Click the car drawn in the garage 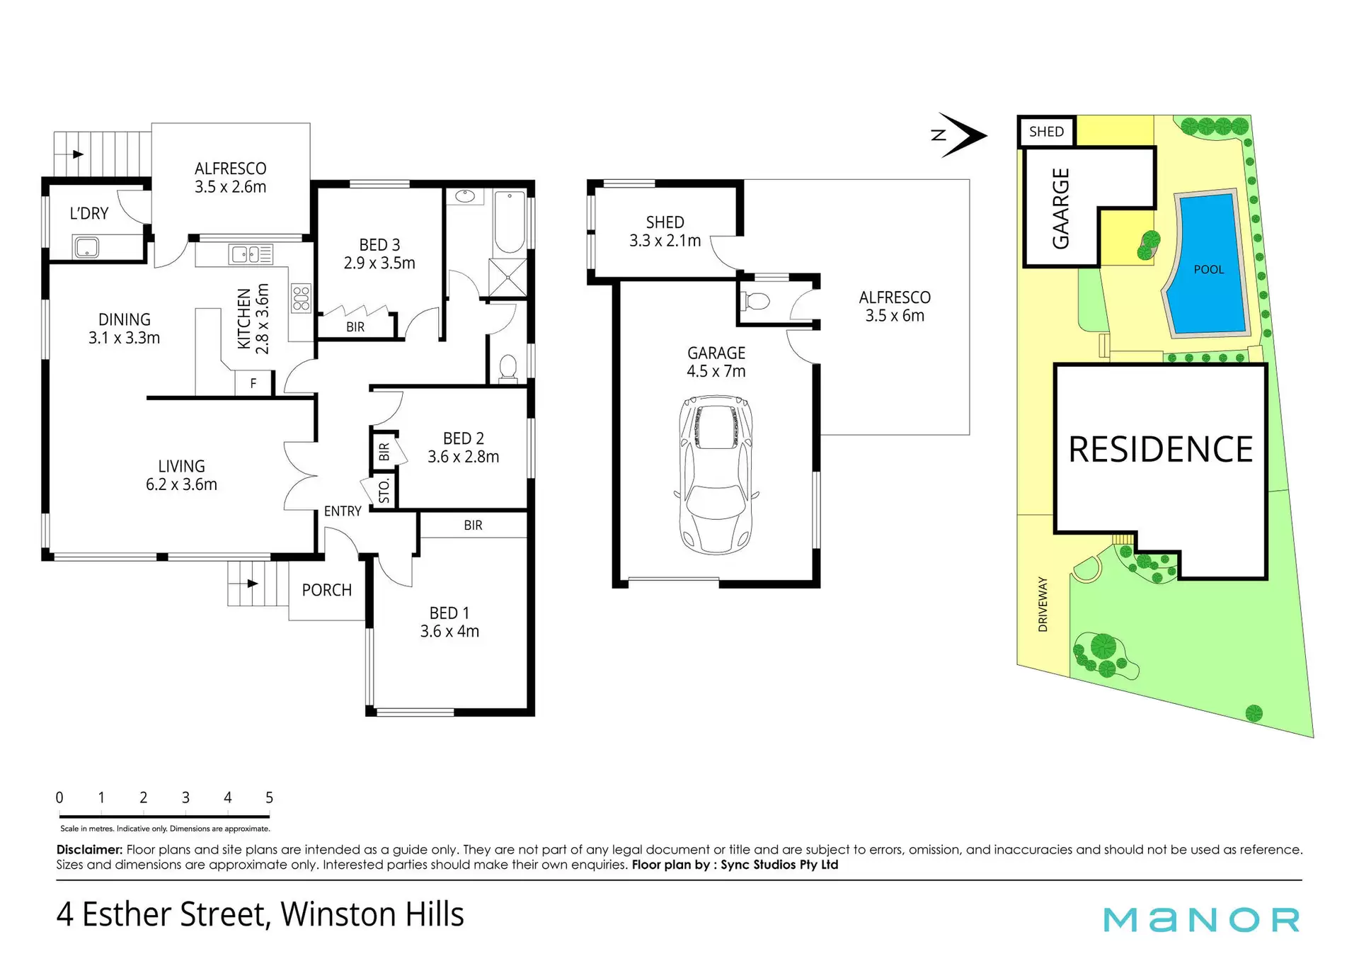(716, 474)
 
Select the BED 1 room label (449, 613)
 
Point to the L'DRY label (89, 213)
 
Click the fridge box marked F (253, 384)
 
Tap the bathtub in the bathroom (509, 222)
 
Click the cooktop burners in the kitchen (301, 297)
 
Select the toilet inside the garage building (755, 302)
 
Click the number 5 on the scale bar (269, 797)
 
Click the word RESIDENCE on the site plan (1160, 450)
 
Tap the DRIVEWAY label (1043, 604)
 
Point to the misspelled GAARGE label (1060, 208)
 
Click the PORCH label (326, 590)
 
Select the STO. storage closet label (384, 490)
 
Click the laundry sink (86, 247)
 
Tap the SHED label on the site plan (1046, 132)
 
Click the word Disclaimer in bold (90, 849)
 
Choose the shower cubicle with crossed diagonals (508, 277)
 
